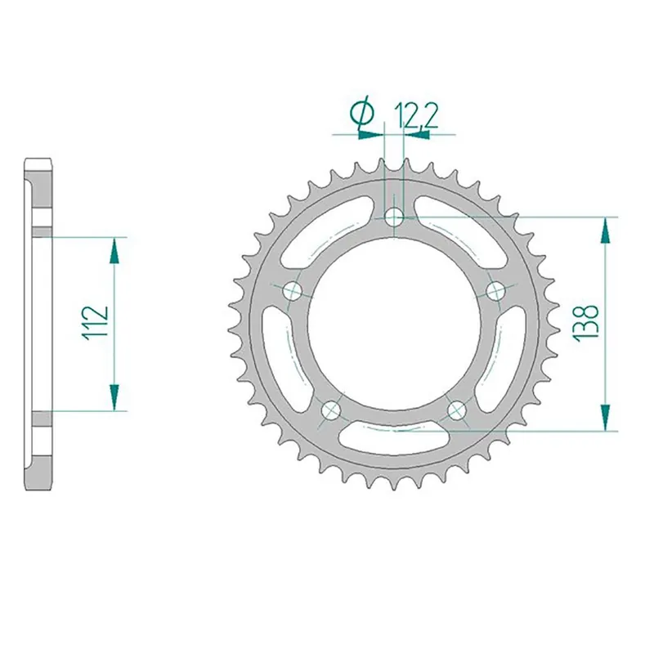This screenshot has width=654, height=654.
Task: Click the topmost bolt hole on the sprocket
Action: [395, 217]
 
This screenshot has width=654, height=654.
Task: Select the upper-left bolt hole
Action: [292, 291]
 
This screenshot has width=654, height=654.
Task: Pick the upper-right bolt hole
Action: [496, 290]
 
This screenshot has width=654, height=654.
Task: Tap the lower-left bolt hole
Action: [331, 410]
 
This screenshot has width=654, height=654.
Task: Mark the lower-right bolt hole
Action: [456, 410]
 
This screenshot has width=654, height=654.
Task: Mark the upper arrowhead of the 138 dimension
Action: [606, 231]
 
